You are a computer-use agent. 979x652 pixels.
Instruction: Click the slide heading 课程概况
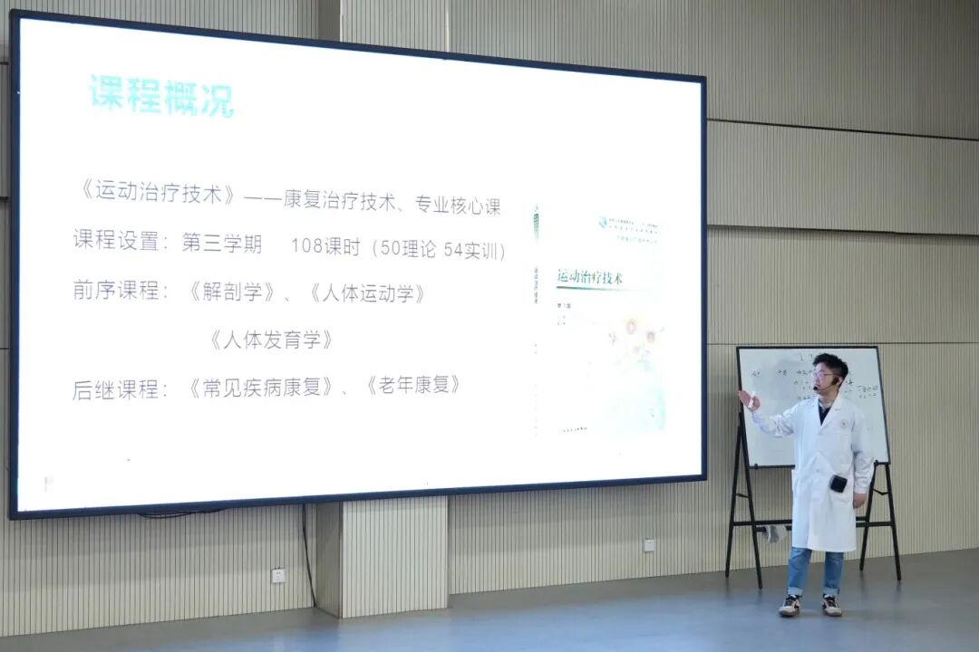(x=161, y=96)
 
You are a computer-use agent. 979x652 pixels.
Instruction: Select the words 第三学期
(x=222, y=244)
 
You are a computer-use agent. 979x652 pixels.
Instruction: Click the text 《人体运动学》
(x=367, y=293)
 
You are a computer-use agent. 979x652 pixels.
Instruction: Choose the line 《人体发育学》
(x=271, y=340)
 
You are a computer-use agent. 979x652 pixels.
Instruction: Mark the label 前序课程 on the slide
(x=116, y=292)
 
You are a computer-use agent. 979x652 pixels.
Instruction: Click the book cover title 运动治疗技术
(x=596, y=274)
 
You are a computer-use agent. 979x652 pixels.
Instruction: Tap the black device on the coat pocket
(x=838, y=484)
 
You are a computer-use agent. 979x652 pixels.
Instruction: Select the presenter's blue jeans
(x=814, y=570)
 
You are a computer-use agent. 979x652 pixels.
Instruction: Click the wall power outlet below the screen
(x=278, y=574)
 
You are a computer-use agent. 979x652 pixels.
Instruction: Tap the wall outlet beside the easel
(x=649, y=545)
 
